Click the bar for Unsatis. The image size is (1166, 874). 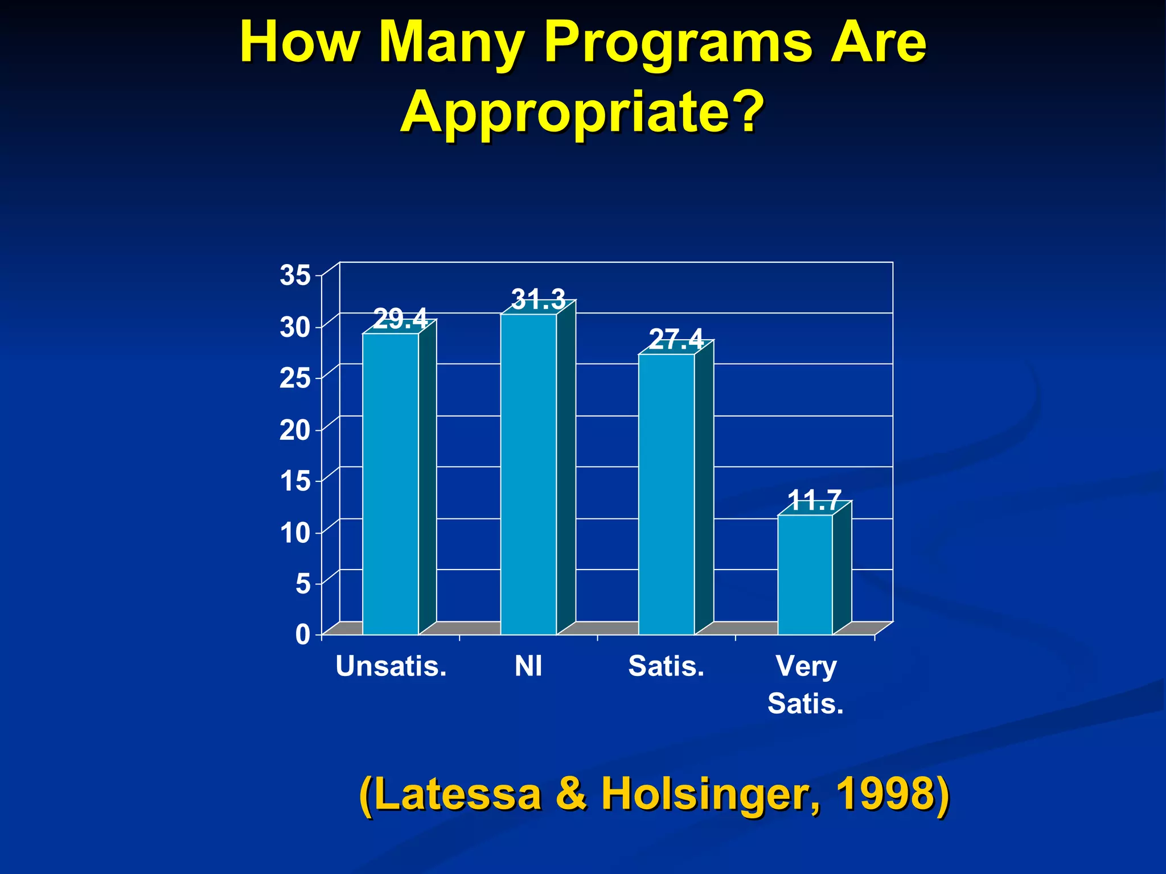point(391,484)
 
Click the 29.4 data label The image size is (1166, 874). point(400,319)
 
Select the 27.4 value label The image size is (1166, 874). point(676,340)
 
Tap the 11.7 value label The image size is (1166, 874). point(814,501)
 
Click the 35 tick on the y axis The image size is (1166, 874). point(295,275)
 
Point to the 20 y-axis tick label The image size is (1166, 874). point(295,430)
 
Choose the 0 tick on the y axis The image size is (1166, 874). point(303,634)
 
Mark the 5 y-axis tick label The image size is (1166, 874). point(303,584)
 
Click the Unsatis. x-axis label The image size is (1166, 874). point(391,666)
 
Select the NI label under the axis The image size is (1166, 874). point(528,666)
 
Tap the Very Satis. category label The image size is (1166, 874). point(806,685)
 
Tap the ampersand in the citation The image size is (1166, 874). point(572,794)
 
